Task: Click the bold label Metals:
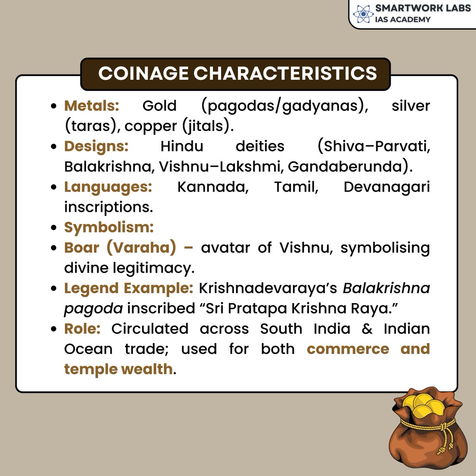pos(92,106)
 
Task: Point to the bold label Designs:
pos(96,146)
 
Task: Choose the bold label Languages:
pos(108,187)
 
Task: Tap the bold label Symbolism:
pos(109,227)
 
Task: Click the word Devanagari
pos(386,187)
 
